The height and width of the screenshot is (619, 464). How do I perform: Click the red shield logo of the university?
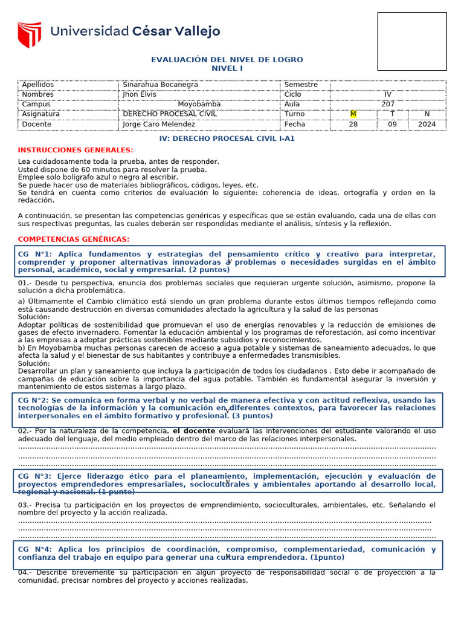click(29, 34)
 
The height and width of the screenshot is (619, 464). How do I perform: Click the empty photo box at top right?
click(412, 41)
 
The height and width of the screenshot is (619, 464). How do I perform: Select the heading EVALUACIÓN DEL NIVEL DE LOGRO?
click(227, 60)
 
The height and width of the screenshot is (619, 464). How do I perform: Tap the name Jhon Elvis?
click(139, 94)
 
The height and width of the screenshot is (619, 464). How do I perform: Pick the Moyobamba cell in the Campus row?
click(199, 104)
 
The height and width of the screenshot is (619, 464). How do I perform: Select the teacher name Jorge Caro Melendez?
click(159, 125)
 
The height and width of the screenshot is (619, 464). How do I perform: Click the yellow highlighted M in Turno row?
click(353, 114)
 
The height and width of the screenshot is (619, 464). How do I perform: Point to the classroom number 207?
click(387, 104)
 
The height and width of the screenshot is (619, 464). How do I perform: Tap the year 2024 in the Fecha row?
click(427, 125)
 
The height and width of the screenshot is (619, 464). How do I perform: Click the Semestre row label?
click(300, 85)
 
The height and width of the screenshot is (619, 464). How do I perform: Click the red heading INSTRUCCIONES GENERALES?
click(76, 150)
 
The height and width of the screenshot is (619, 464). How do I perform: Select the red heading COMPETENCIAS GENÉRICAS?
click(74, 239)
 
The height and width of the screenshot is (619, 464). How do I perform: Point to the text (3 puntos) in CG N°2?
click(253, 416)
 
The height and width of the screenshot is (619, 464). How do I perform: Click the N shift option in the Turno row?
click(427, 114)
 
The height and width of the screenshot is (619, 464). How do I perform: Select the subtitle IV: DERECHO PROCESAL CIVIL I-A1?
click(227, 138)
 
